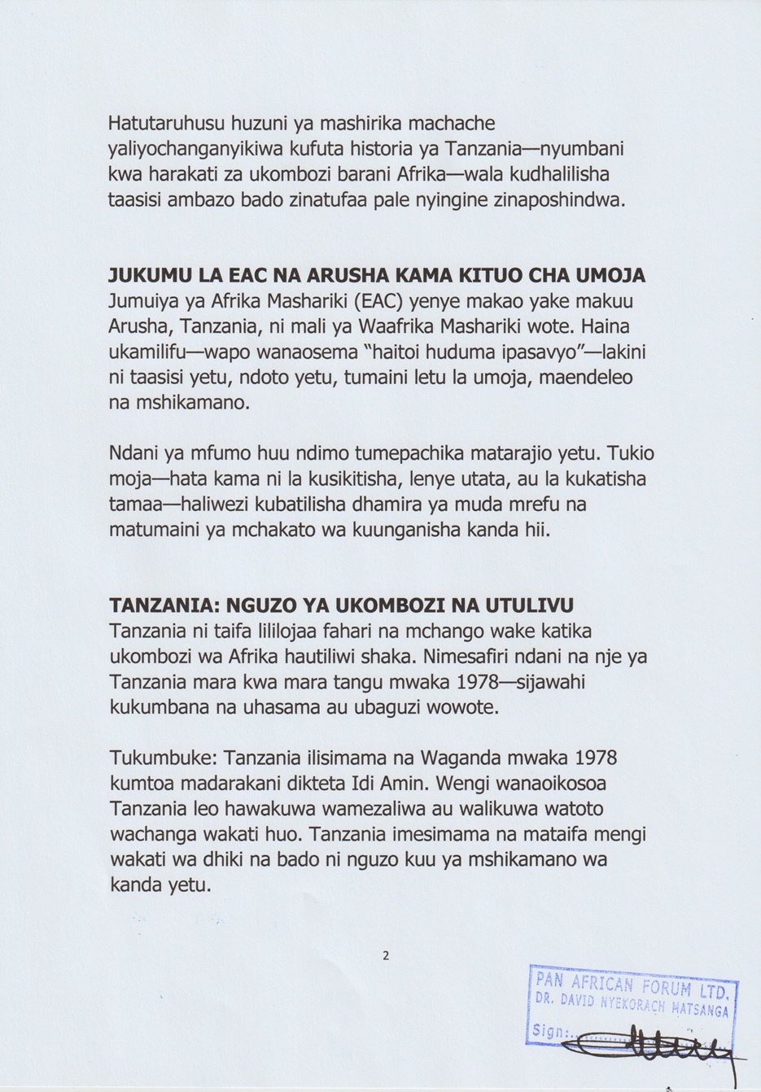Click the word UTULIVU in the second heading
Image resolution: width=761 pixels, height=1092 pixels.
pos(529,605)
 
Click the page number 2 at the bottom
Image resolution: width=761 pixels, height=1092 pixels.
pos(386,955)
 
